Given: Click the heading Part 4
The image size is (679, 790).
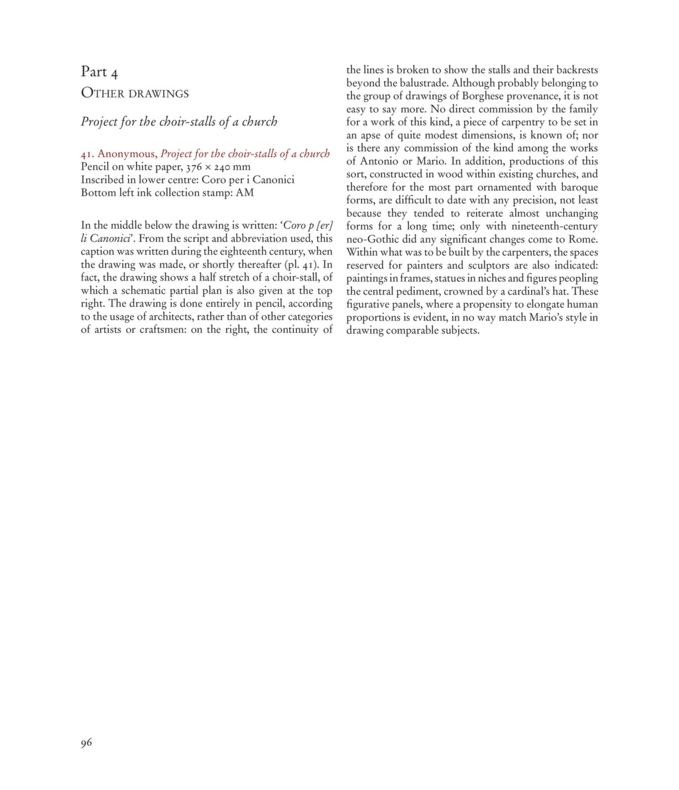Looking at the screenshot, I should click(99, 72).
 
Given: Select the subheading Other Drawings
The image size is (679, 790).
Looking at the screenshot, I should click(135, 94).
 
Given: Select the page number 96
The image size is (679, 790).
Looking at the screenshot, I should click(86, 743).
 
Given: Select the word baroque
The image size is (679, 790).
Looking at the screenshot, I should click(577, 187).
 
